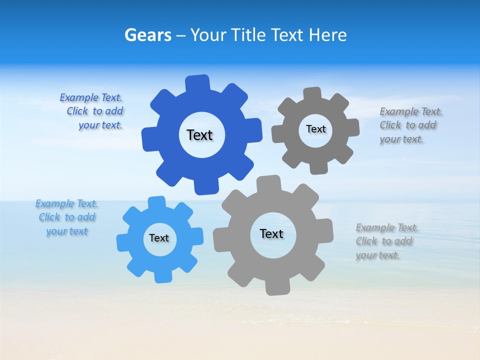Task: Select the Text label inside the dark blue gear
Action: [199, 135]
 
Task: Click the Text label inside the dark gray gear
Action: [315, 129]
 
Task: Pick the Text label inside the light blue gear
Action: [159, 238]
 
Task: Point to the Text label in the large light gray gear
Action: [271, 233]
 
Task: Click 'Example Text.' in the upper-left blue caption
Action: [91, 97]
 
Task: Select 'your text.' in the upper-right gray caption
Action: [401, 139]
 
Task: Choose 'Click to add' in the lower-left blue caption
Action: [67, 217]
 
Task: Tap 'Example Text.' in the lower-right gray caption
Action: [387, 227]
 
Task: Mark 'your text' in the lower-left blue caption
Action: [67, 231]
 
